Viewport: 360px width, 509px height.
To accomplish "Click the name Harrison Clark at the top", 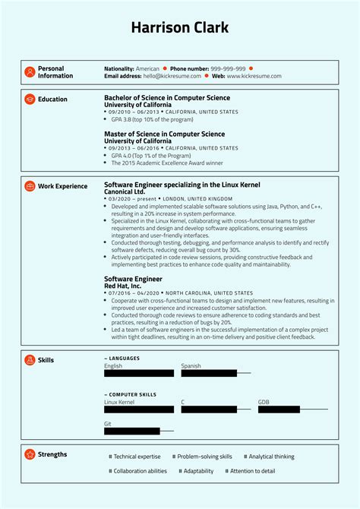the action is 179,28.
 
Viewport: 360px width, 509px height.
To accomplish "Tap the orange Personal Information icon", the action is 30,72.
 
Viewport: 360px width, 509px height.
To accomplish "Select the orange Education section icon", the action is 30,100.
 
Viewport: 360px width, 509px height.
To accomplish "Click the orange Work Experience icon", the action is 30,186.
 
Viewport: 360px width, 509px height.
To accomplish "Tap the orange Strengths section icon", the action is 30,454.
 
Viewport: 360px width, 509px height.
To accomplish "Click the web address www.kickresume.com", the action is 254,76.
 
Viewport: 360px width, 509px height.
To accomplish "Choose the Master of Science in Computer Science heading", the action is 164,134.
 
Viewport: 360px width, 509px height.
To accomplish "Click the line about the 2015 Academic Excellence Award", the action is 167,163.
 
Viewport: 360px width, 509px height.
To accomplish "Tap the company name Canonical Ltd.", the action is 125,192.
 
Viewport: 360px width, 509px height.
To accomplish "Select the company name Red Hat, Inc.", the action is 122,286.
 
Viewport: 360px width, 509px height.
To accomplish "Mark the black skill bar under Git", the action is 131,431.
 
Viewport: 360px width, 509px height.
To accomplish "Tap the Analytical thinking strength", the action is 270,457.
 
